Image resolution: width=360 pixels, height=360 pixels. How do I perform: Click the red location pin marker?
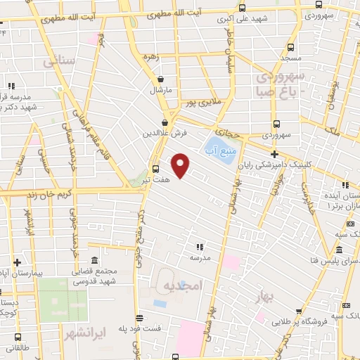point(181,165)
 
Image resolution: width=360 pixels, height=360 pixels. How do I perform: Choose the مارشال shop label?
point(161,91)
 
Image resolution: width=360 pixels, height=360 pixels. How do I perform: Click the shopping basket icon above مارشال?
point(162,79)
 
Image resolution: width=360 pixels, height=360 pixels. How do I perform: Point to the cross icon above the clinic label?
point(274,153)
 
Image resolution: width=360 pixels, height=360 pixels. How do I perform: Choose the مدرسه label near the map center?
point(199,258)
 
